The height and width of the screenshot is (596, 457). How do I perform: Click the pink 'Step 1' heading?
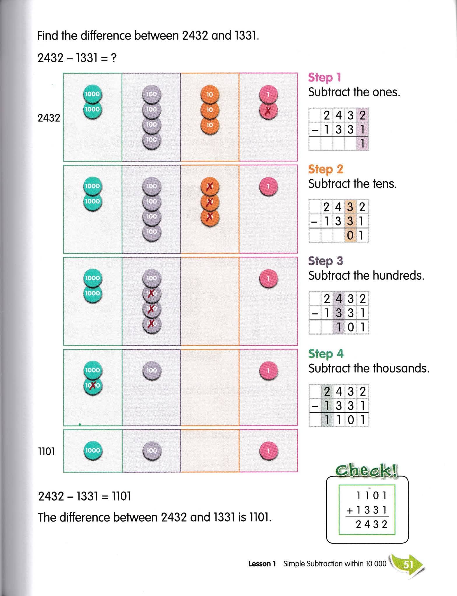point(324,78)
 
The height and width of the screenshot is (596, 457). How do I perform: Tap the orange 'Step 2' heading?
point(326,169)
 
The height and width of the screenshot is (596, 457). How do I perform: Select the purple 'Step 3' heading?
point(326,261)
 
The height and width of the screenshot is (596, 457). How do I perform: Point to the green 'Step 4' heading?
point(326,354)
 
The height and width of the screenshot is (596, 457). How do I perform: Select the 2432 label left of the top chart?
point(49,118)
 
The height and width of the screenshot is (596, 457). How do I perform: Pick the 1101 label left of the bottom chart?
point(47,451)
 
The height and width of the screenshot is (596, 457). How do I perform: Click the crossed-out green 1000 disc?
point(93,386)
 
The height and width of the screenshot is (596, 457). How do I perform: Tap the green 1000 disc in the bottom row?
point(93,450)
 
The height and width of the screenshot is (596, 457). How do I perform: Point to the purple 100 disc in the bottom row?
point(152,450)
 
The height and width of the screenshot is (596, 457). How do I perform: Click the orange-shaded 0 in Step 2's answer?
point(351,235)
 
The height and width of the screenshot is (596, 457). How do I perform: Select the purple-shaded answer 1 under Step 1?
point(363,144)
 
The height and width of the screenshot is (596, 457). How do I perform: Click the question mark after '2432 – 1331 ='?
point(114,58)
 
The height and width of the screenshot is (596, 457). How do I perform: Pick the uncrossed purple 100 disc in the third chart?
point(152,278)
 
